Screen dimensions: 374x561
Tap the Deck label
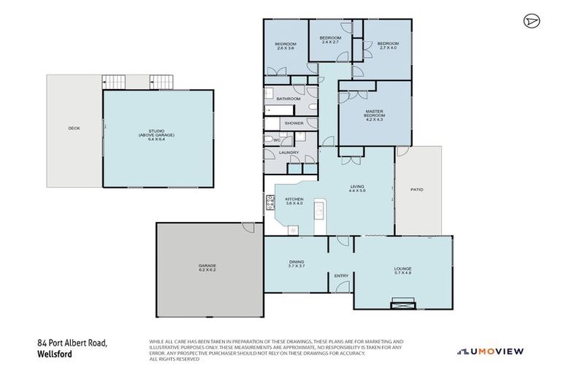74,129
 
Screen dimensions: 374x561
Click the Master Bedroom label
374,115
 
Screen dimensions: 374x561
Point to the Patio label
417,189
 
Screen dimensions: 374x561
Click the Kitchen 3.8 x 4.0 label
294,201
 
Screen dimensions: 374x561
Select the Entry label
341,275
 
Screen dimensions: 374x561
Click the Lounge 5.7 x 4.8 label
402,270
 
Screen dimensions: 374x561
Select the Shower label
294,123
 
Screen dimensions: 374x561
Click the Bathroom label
289,99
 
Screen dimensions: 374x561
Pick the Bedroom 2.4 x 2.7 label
330,39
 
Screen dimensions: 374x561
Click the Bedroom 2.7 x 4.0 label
387,46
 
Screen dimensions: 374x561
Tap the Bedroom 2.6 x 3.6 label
284,46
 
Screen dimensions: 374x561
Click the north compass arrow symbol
530,20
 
